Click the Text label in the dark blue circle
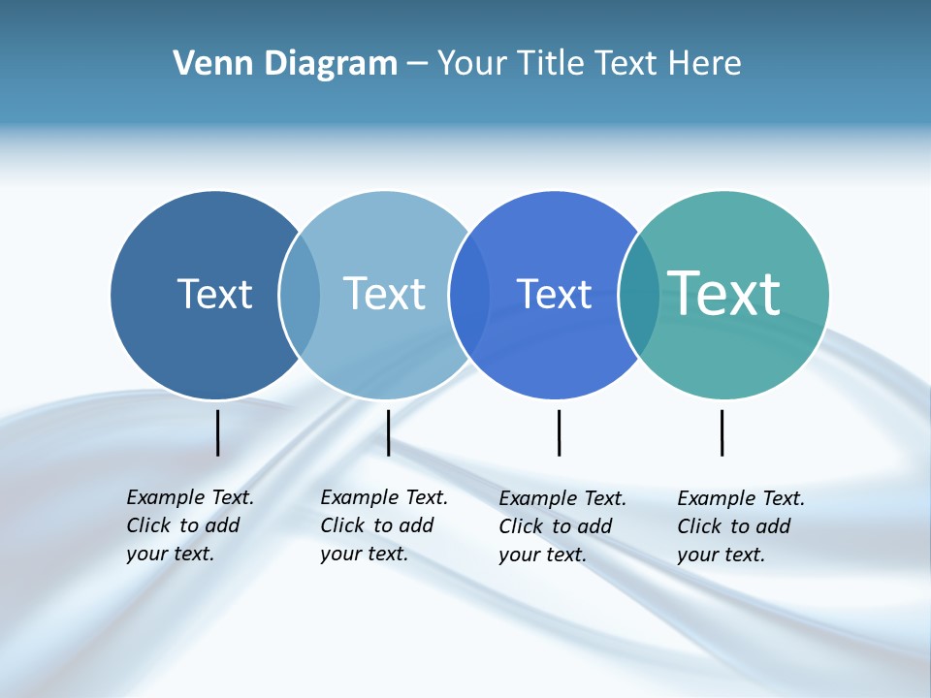click(x=214, y=294)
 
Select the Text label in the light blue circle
click(x=385, y=294)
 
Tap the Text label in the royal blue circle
click(x=554, y=294)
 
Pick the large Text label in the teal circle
click(x=724, y=294)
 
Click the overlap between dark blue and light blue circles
click(x=300, y=295)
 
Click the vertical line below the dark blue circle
click(x=217, y=432)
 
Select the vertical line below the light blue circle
click(x=388, y=432)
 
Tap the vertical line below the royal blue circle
click(x=559, y=432)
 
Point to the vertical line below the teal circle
click(x=722, y=432)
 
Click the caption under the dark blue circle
click(x=189, y=525)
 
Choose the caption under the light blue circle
click(x=383, y=525)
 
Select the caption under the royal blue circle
click(x=562, y=526)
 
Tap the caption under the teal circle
click(x=740, y=526)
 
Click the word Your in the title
click(x=472, y=63)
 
